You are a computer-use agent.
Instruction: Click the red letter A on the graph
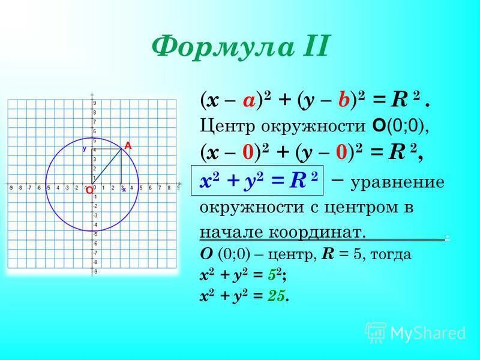point(127,145)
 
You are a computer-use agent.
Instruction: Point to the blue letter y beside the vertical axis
point(85,148)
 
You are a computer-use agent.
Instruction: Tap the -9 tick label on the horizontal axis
point(11,188)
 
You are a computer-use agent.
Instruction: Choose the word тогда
point(393,254)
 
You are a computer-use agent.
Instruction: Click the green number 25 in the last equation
point(276,295)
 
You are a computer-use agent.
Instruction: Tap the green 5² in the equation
point(275,275)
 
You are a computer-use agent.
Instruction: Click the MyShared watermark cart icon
point(376,332)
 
